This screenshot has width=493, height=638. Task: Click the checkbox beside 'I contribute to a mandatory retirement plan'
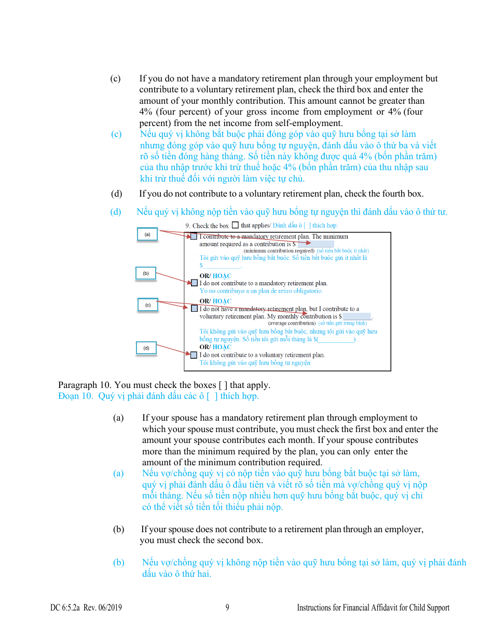tap(194, 237)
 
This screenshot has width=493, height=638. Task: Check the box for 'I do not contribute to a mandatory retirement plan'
tap(194, 283)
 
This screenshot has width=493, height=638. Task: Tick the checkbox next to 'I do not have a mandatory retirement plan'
tap(194, 308)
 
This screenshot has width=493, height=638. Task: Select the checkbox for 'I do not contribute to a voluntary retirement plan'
tap(194, 355)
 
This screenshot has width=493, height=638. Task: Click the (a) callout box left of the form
tap(147, 234)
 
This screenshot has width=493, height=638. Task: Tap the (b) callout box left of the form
tap(146, 273)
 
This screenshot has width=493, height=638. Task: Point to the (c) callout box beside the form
tap(147, 305)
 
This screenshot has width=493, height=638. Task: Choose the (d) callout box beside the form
tap(146, 348)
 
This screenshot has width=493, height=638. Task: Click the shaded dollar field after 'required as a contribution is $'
tap(316, 244)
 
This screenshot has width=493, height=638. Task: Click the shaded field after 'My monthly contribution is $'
tap(357, 316)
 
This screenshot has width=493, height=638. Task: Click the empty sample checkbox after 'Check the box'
tap(235, 225)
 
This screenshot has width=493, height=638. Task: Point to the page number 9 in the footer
tap(227, 608)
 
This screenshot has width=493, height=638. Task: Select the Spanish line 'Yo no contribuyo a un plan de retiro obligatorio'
tap(261, 291)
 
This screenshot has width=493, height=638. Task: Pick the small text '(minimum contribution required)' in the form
tap(279, 251)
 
